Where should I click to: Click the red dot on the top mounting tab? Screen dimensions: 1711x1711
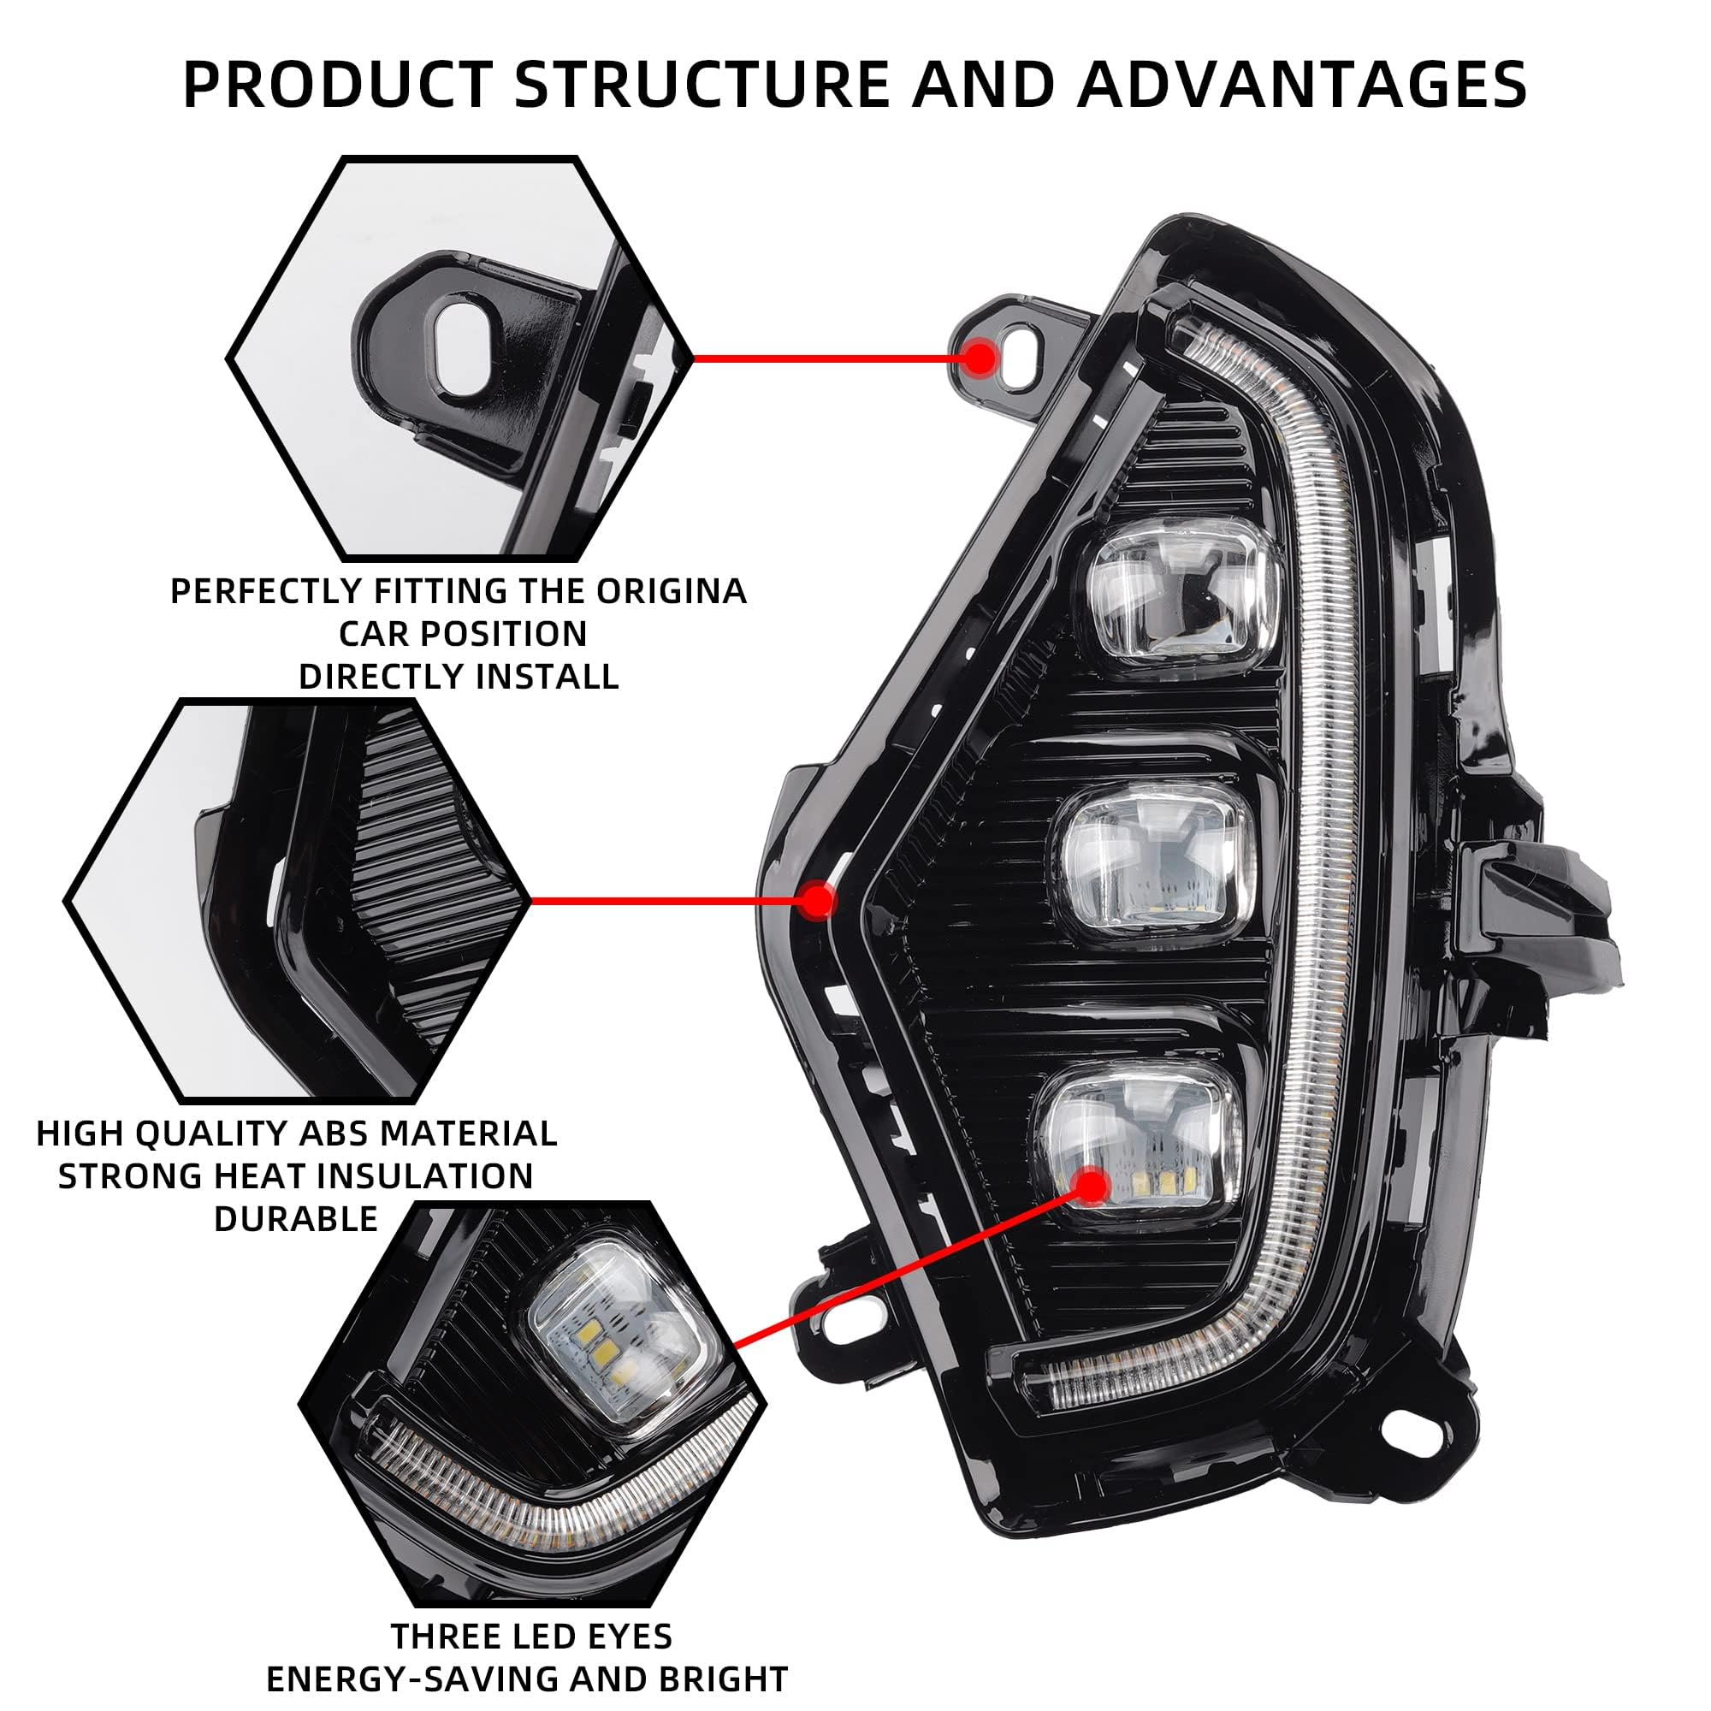(980, 358)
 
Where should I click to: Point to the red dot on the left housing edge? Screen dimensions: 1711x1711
(815, 901)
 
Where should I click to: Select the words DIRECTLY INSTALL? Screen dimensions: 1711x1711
(459, 677)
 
